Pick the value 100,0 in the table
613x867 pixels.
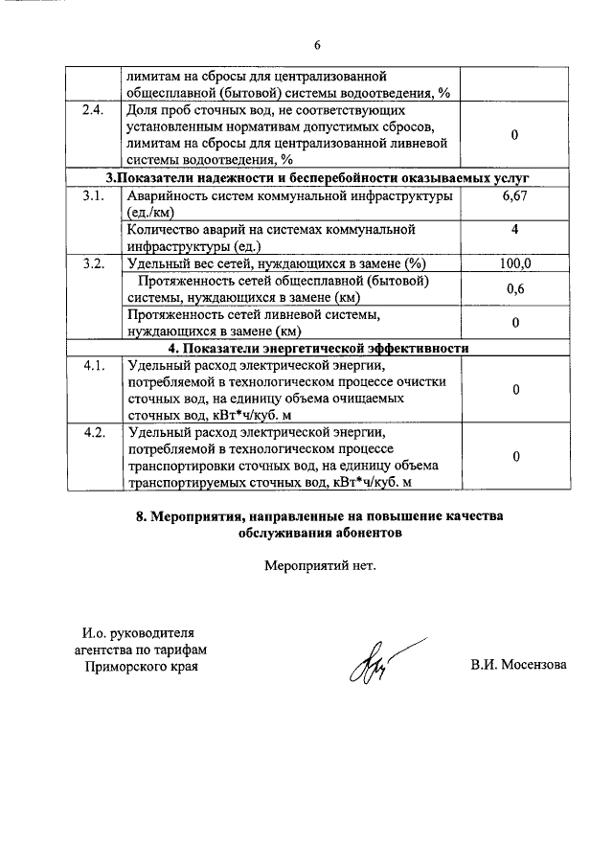point(514,264)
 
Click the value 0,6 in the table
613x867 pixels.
point(514,289)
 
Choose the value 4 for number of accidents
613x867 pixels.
point(514,230)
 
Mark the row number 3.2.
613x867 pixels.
point(93,264)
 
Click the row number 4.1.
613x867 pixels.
point(93,366)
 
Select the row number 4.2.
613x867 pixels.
point(93,433)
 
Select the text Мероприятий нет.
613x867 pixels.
point(320,564)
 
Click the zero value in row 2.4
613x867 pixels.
point(514,135)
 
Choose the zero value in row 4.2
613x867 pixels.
point(514,457)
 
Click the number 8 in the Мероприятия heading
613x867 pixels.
point(141,516)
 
